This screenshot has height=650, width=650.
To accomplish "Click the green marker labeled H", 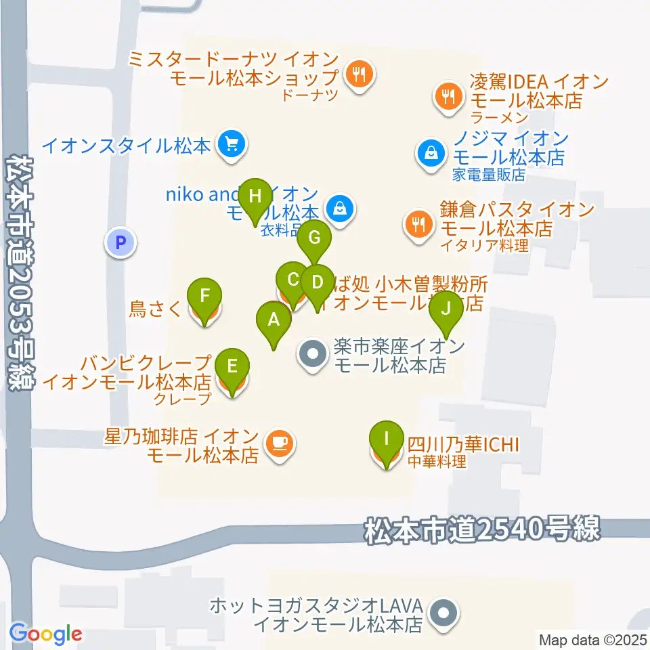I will click(255, 198).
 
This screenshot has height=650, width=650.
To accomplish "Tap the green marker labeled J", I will click(446, 309).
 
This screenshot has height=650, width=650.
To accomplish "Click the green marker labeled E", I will click(232, 368).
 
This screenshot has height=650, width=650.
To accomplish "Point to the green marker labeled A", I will click(274, 320).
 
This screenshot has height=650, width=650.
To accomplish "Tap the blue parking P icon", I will click(121, 242).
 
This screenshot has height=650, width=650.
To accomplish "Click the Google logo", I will click(46, 634).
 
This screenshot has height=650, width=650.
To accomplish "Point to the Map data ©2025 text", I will click(592, 639).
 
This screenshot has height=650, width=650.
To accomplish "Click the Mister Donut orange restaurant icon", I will click(359, 74).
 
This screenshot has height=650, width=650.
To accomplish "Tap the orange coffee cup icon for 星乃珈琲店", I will click(279, 445).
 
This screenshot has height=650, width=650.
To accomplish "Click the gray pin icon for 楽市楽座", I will click(312, 355).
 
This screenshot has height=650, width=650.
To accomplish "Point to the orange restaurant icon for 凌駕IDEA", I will click(448, 95).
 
